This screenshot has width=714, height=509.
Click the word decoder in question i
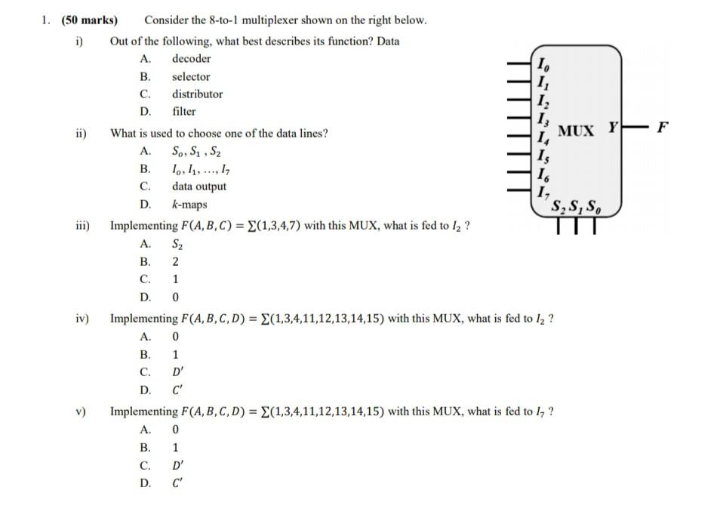tap(191, 59)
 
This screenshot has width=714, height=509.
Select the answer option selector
tap(191, 76)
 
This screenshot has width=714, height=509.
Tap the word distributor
tap(197, 94)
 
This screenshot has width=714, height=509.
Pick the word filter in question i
tap(183, 112)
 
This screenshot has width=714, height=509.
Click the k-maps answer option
tap(189, 205)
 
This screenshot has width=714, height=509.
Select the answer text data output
tap(199, 187)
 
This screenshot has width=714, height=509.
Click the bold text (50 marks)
tap(92, 20)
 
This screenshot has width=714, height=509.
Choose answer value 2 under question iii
tap(175, 262)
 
